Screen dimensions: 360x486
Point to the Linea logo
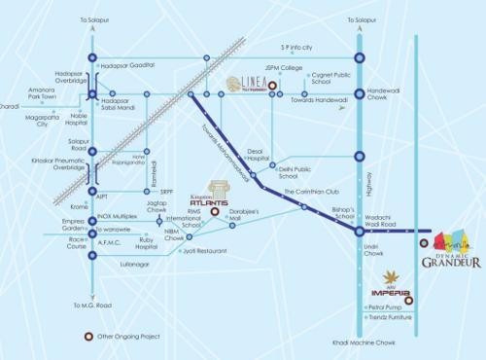click(x=246, y=85)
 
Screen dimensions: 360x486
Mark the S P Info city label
click(x=298, y=47)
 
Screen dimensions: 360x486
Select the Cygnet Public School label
click(x=330, y=77)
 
